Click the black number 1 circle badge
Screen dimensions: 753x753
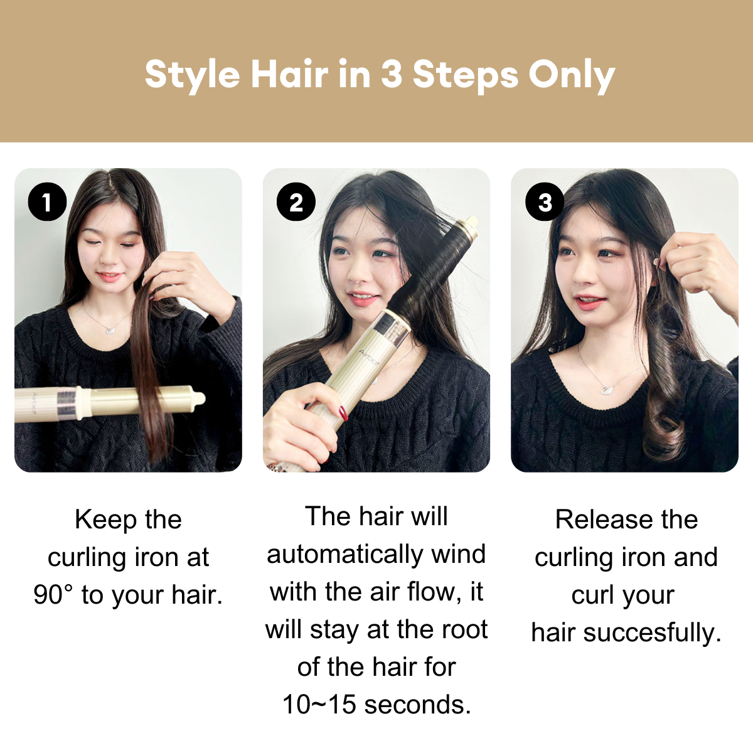(47, 202)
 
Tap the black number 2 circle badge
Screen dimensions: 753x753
(296, 202)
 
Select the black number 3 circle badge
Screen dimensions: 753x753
(545, 202)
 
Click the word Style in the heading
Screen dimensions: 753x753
(192, 75)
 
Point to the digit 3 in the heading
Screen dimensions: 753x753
(391, 74)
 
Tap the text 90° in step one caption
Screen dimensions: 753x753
(53, 594)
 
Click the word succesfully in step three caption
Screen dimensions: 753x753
(652, 633)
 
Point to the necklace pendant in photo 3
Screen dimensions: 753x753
(606, 389)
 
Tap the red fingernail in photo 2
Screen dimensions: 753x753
(343, 412)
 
